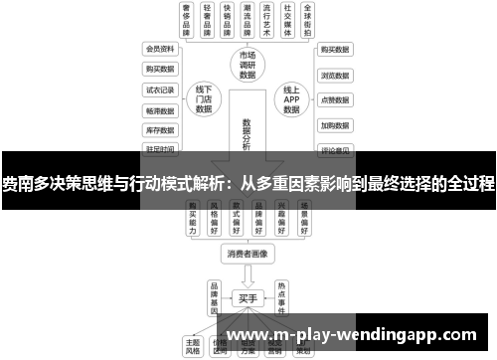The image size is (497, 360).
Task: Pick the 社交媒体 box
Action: (287, 20)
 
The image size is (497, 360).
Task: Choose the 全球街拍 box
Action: (311, 20)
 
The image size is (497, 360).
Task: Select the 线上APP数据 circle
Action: (290, 99)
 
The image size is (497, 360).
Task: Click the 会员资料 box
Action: (159, 48)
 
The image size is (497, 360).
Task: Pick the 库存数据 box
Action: (159, 129)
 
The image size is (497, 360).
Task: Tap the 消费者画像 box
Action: (248, 253)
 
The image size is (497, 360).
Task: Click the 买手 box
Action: (248, 296)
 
